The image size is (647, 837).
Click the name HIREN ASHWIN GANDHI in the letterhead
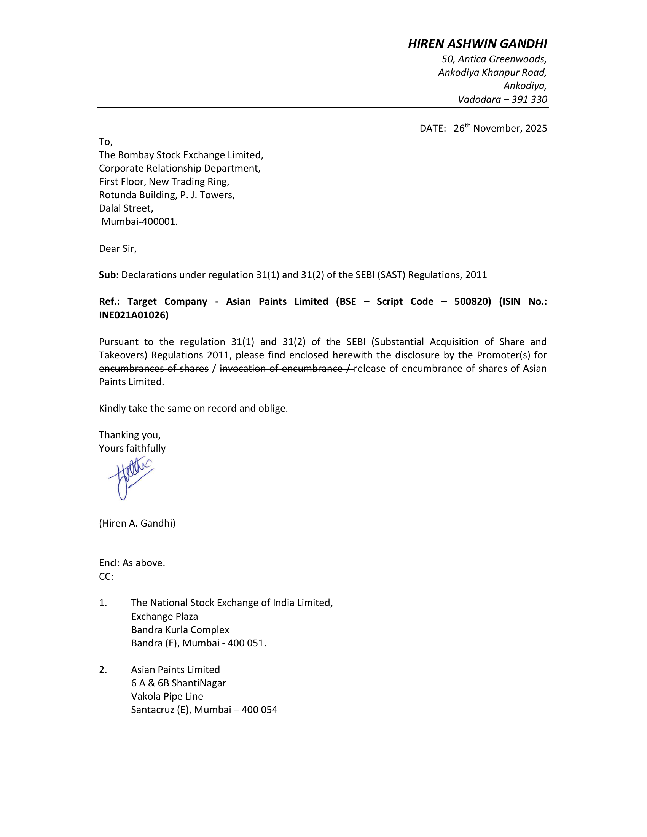coord(477,44)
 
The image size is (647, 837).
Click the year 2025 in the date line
coord(536,128)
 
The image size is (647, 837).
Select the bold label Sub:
coord(109,275)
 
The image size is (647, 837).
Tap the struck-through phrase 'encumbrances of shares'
coord(153,368)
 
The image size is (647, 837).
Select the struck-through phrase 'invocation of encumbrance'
coord(280,368)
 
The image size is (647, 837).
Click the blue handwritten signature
coord(130,477)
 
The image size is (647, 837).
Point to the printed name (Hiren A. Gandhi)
coord(137,523)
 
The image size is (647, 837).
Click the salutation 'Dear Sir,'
coord(118,249)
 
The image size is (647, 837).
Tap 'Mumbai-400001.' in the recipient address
coord(140,221)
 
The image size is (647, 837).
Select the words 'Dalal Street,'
coord(126,208)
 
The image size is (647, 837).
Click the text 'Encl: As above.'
coord(132,563)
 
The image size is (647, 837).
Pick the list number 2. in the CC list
coord(103,670)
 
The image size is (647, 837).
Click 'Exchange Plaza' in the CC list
coord(164,616)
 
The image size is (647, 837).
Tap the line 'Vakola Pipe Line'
coord(167,696)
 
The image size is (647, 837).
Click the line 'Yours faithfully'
coord(132,449)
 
